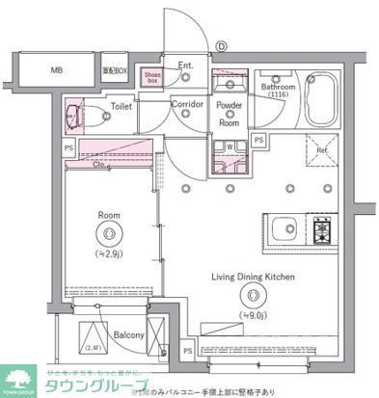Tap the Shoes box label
pos(152,76)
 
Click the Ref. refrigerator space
pos(320,150)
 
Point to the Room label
pos(108,215)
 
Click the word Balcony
pos(128,334)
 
